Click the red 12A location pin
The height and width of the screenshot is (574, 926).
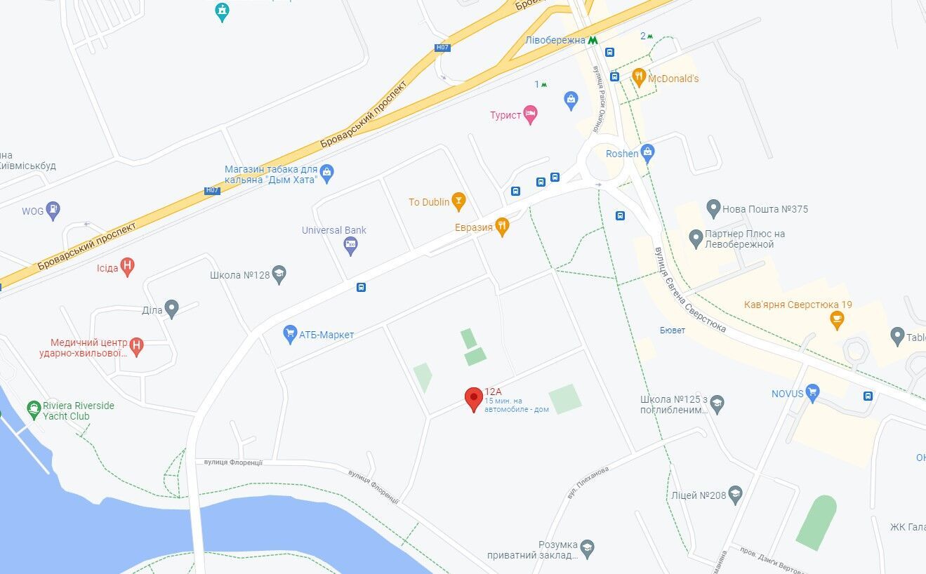[474, 399]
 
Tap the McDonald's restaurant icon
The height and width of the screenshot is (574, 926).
[638, 77]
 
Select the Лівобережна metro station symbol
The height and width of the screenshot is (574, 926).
[593, 41]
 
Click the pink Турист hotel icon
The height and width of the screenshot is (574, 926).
[531, 114]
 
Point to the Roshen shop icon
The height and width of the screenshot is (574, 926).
[647, 152]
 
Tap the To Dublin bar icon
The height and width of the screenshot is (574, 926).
[458, 201]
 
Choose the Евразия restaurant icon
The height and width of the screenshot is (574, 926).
[501, 226]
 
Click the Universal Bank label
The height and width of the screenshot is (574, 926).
[334, 230]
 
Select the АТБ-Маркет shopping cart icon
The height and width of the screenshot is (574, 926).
[290, 334]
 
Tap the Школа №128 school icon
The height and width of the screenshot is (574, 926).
[279, 274]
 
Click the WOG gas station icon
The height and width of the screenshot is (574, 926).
[53, 211]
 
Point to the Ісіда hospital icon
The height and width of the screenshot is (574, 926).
[127, 267]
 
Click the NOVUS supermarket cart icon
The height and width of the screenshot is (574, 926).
[813, 393]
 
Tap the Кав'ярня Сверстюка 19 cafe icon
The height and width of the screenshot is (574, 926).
[836, 319]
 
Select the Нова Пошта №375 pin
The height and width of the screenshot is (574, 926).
[713, 208]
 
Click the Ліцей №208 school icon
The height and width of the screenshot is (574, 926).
[735, 495]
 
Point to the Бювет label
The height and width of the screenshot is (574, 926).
[673, 331]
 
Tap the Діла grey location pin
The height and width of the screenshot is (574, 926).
[172, 309]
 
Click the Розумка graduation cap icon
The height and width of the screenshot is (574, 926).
[587, 547]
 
